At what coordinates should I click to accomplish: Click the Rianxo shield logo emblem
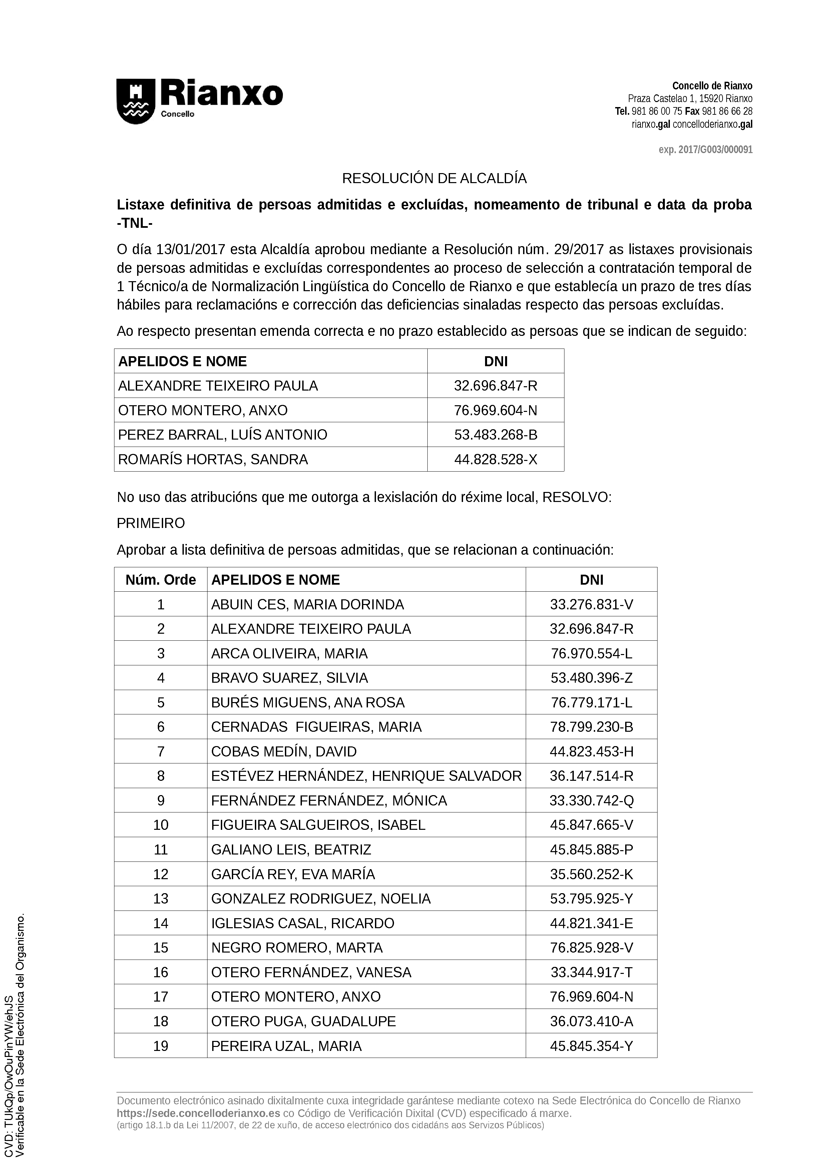(135, 101)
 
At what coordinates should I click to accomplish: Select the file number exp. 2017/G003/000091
(705, 150)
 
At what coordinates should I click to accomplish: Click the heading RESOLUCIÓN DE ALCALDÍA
(434, 179)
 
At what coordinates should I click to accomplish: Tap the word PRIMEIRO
(151, 523)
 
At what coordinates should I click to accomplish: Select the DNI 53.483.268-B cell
(495, 435)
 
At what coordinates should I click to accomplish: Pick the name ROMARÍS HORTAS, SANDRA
(213, 460)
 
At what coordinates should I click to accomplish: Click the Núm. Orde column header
(160, 580)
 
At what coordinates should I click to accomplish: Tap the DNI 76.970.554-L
(591, 653)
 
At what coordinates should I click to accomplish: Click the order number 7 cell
(160, 752)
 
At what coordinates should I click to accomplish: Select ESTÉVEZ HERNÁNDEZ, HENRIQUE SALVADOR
(366, 776)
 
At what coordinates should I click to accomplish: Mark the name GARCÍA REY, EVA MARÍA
(293, 874)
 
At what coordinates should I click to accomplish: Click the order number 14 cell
(160, 924)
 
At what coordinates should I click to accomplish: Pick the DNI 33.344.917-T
(591, 972)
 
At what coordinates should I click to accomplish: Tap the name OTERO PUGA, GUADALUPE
(303, 1021)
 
